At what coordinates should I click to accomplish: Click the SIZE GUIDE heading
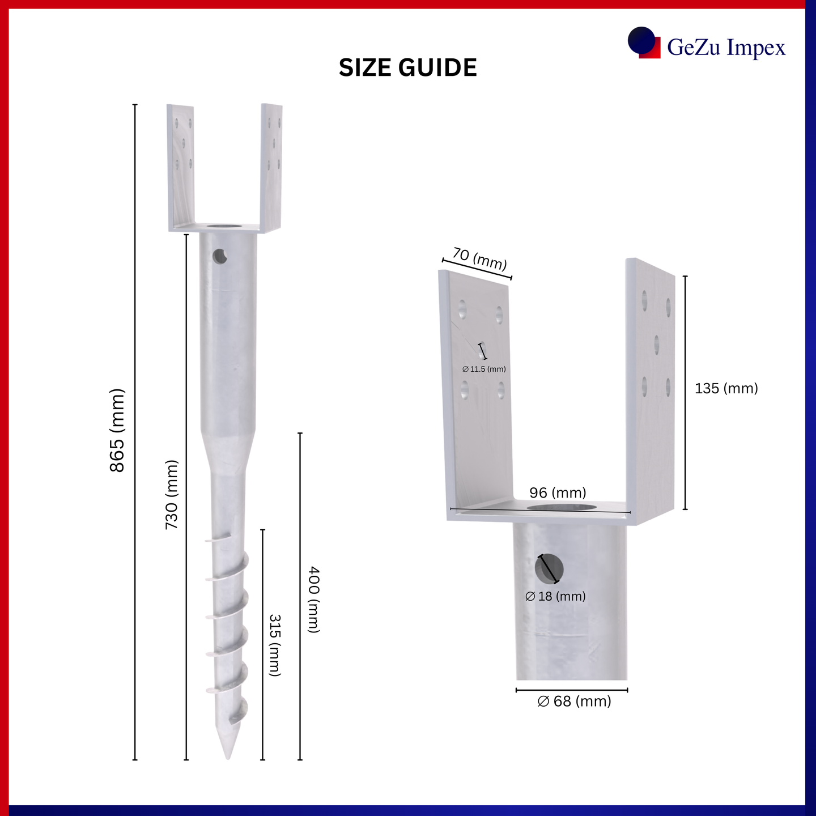tap(408, 68)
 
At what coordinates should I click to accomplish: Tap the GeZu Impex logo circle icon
tap(641, 40)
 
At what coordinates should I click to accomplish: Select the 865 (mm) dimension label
tap(117, 430)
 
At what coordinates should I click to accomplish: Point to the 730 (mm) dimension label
tap(172, 495)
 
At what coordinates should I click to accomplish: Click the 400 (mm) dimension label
tap(313, 600)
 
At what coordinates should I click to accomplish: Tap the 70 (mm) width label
tap(479, 259)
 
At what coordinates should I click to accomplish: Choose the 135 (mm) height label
tap(726, 388)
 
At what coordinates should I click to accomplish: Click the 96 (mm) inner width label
tap(558, 492)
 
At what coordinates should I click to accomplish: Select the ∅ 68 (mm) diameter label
tap(574, 701)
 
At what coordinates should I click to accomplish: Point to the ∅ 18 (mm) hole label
tap(555, 596)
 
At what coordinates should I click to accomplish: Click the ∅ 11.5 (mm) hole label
tap(484, 369)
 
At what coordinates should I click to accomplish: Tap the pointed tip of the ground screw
tap(228, 758)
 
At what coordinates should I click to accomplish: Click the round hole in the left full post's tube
tap(220, 256)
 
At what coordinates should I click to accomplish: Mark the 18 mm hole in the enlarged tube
tap(549, 569)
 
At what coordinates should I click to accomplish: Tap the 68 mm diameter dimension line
tap(572, 690)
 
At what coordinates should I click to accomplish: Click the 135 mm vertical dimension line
tap(685, 392)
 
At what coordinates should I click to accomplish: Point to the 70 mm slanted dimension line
tap(477, 269)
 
